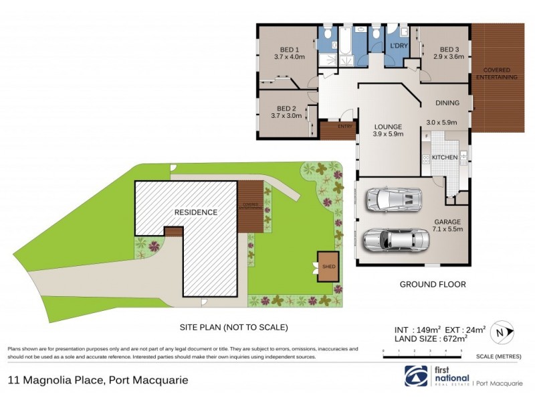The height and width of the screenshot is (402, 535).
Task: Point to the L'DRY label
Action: click(399, 45)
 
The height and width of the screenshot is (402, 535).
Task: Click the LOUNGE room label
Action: click(388, 127)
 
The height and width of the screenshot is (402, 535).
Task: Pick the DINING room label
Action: click(447, 103)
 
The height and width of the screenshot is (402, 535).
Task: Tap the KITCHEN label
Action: click(444, 157)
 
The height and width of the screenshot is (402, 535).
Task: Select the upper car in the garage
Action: click(393, 199)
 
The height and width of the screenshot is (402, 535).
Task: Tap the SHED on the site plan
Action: click(328, 266)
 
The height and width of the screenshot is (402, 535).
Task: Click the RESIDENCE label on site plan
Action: click(196, 212)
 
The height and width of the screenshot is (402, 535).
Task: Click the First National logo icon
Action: click(415, 376)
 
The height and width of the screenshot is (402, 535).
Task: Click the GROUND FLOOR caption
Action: click(433, 284)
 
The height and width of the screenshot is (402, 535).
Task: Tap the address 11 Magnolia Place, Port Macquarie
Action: click(98, 380)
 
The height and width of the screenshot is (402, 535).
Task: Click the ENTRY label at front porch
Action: click(345, 126)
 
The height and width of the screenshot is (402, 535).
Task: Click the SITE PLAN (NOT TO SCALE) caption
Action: click(234, 328)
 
